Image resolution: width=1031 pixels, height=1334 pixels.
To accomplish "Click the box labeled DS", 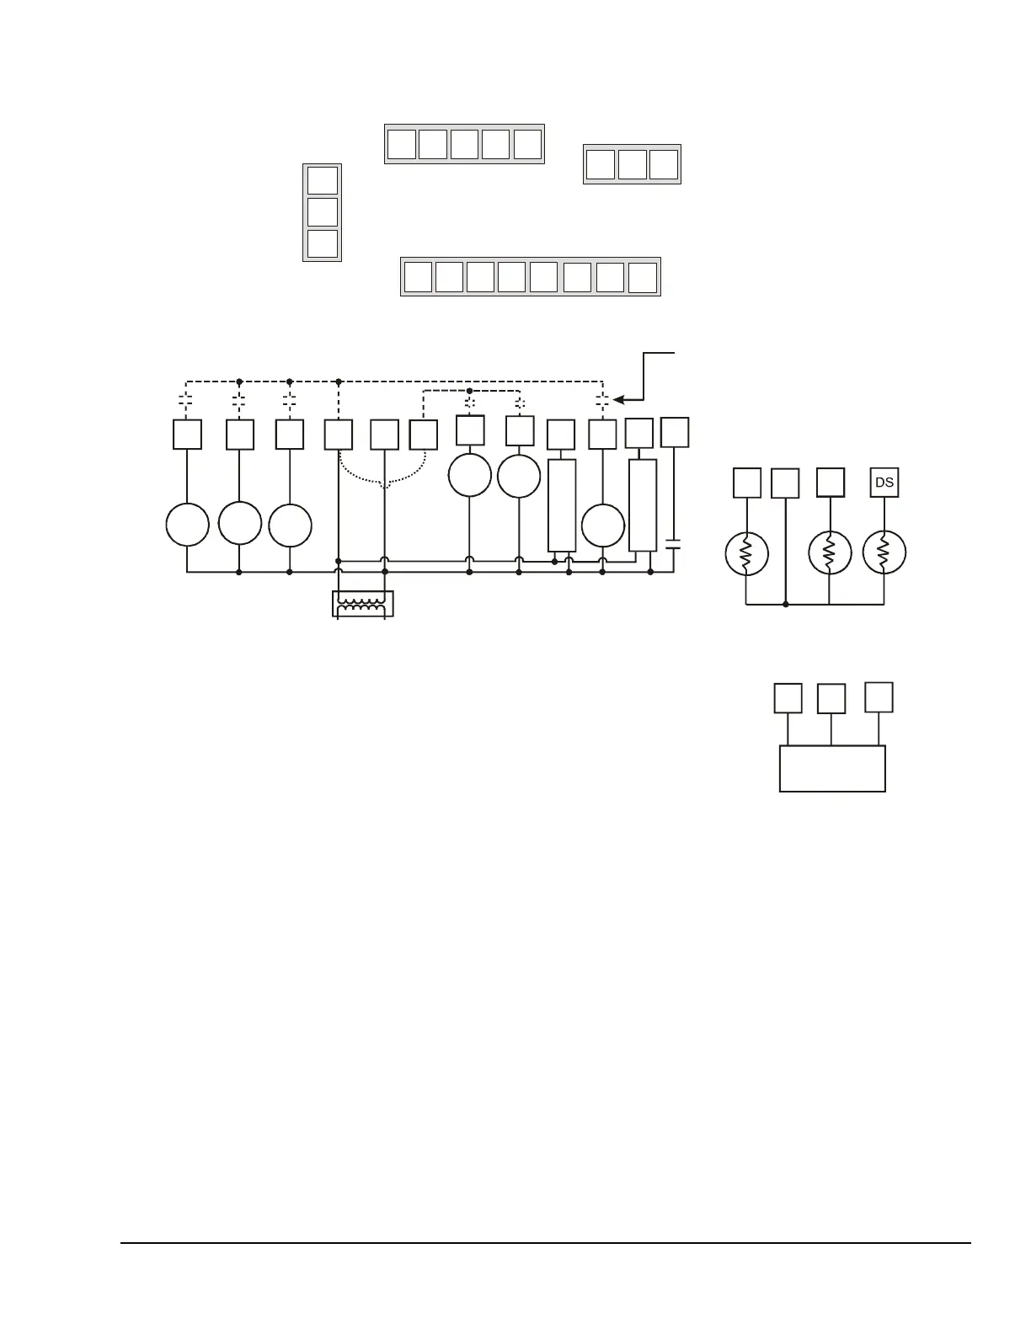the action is tap(884, 483).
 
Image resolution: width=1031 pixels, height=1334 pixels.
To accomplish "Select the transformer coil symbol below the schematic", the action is tap(363, 603).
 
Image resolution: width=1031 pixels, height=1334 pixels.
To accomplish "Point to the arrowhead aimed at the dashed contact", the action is tap(619, 401).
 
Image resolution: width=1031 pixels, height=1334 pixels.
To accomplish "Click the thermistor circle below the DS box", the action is tap(884, 552).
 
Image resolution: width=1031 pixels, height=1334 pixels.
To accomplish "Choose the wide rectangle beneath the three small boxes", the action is tap(832, 768).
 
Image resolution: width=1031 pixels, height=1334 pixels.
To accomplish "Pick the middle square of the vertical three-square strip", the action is tap(323, 212).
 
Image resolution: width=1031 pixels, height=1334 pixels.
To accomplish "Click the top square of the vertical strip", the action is tap(323, 180).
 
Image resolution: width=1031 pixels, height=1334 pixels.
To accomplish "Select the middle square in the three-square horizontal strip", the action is tap(632, 164).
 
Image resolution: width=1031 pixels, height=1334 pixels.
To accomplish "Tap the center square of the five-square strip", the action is tap(464, 144).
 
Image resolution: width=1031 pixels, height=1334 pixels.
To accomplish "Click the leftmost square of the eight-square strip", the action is tap(418, 277).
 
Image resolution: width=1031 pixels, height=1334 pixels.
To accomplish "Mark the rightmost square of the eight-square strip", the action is tap(643, 277).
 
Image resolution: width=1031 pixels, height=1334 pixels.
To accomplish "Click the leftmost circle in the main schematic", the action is tap(187, 525).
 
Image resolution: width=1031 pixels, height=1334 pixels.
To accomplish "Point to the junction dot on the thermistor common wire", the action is tap(785, 604).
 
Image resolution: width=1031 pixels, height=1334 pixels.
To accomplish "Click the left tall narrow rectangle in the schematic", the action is tap(562, 504).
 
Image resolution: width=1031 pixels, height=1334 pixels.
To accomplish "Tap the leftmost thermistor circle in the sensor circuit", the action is tap(746, 553).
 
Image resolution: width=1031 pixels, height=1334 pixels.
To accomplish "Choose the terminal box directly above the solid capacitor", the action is tap(675, 432).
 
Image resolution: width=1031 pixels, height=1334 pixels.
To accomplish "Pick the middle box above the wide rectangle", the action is tap(831, 698).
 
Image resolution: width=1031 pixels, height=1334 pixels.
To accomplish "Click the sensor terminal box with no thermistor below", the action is tap(785, 483).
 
